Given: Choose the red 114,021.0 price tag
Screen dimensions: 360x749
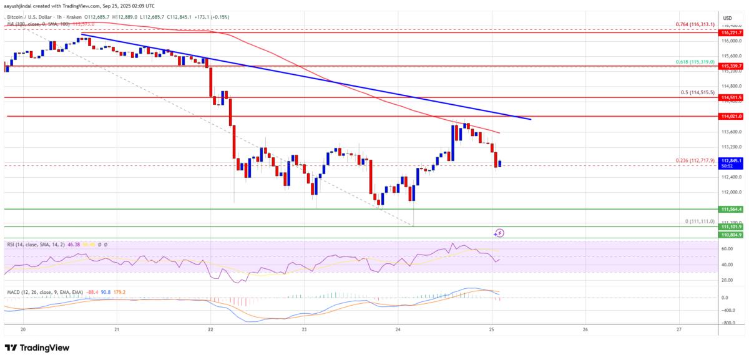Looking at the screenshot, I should (x=731, y=116).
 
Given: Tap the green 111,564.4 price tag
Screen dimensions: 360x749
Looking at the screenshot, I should (x=731, y=209).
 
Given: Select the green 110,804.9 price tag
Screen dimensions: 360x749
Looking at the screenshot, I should (x=731, y=235).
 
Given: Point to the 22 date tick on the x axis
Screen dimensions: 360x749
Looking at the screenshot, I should (x=210, y=329).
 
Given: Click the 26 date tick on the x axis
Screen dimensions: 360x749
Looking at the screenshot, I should (x=585, y=329).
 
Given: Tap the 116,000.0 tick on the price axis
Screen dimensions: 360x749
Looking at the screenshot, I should (x=731, y=41).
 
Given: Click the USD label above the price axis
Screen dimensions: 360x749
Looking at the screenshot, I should (x=728, y=18).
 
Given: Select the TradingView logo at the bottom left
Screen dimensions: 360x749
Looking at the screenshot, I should (x=37, y=348).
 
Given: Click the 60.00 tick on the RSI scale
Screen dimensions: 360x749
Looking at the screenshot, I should (x=727, y=248).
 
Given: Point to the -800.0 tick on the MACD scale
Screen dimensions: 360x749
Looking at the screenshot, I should (x=728, y=323).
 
